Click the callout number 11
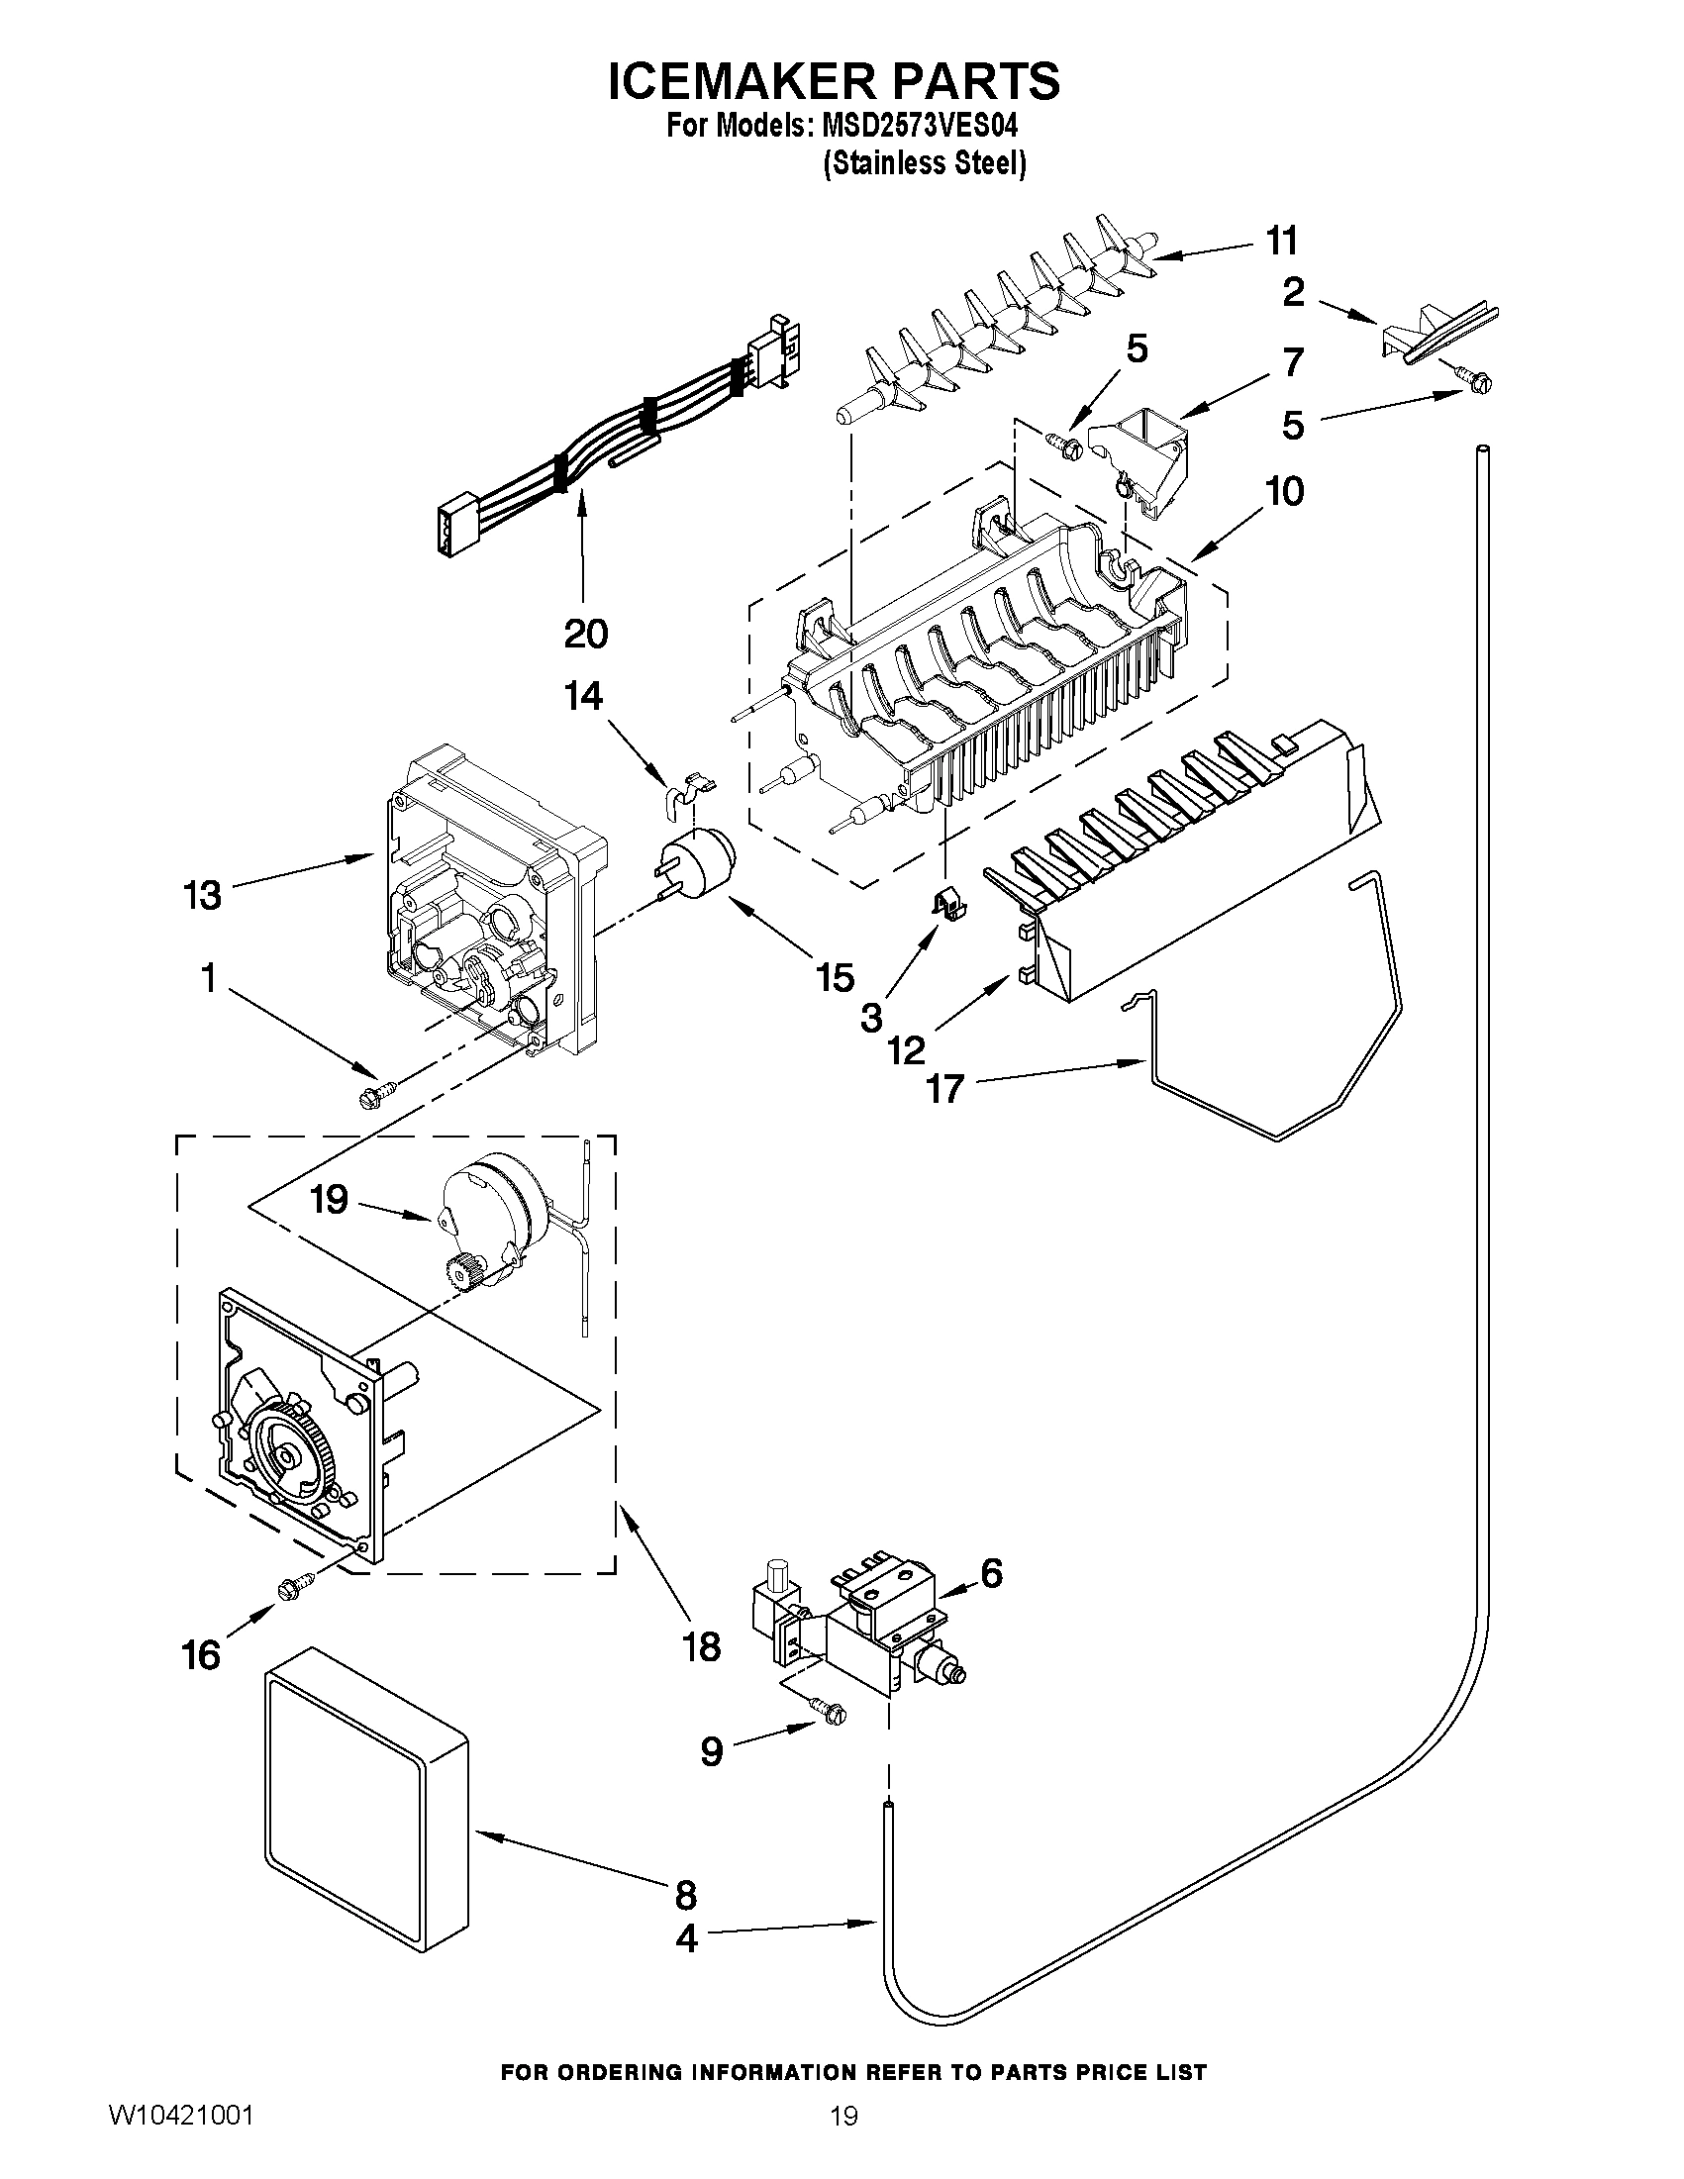[x=1282, y=241]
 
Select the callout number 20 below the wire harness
[x=586, y=633]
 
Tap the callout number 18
[x=702, y=1646]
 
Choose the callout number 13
[x=202, y=895]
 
